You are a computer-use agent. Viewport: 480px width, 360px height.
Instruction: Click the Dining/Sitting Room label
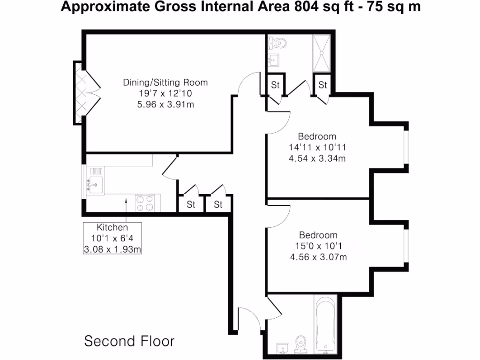click(x=165, y=82)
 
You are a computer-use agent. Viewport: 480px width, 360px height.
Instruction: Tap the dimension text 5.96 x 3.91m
click(x=165, y=104)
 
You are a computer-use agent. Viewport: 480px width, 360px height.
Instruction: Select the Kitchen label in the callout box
click(x=112, y=227)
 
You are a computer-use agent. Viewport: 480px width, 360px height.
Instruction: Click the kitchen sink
click(x=93, y=185)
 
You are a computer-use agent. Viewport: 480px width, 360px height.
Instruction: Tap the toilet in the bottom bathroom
click(x=300, y=344)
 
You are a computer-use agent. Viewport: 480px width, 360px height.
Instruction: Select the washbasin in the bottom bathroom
click(x=282, y=348)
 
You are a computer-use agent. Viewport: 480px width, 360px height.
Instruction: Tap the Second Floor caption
click(x=129, y=341)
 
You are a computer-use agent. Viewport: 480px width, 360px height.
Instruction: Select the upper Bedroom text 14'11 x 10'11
click(x=317, y=148)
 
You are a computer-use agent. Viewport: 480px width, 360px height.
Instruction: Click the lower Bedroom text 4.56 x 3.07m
click(x=318, y=256)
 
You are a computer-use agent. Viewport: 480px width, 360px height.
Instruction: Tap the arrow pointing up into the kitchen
click(x=126, y=206)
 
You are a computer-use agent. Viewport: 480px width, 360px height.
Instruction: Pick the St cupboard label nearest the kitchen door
click(x=191, y=205)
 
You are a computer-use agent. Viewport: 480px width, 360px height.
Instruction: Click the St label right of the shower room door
click(x=322, y=85)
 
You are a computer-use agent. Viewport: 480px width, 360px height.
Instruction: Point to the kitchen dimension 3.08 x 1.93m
click(x=112, y=249)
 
